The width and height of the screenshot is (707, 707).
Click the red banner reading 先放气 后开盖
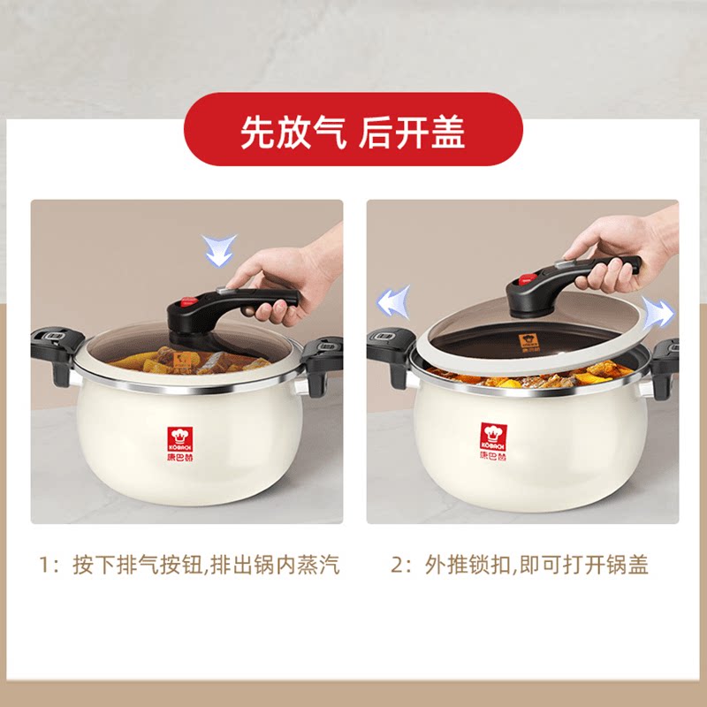click(x=353, y=129)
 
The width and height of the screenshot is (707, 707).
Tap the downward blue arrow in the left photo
click(x=218, y=251)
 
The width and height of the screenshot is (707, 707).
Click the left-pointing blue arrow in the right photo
click(x=393, y=301)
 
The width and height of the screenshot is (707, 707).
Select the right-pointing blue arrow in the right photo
click(x=658, y=312)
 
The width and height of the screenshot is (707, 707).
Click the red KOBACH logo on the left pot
click(x=180, y=444)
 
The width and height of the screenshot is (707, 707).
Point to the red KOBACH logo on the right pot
click(x=493, y=441)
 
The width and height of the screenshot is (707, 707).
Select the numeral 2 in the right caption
click(x=397, y=565)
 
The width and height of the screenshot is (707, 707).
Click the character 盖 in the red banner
click(x=448, y=132)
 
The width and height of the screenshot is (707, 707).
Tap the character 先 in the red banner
click(x=258, y=132)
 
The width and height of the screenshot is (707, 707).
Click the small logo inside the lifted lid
click(x=527, y=343)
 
